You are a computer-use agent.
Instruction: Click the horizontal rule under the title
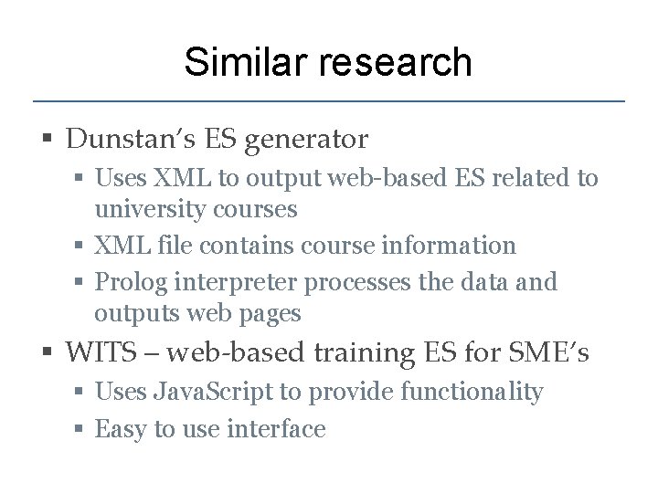click(329, 100)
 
